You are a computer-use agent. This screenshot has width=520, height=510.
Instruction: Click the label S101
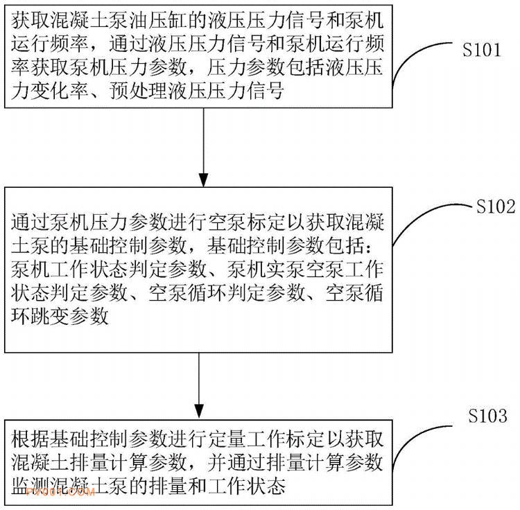pos(482,50)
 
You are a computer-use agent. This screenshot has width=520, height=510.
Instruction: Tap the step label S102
pos(496,206)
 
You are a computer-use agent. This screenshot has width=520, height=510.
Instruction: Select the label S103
pos(487,416)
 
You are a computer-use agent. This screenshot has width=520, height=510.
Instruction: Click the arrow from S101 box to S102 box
pos(203,148)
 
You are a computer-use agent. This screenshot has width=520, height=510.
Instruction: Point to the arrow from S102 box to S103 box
pos(199,386)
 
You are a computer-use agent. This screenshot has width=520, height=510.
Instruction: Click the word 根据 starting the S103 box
pos(31,439)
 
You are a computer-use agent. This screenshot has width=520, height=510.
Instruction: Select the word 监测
pos(31,486)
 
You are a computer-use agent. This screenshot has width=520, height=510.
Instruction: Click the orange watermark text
pos(60,492)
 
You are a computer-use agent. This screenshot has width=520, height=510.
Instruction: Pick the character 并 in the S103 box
pos(217,462)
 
